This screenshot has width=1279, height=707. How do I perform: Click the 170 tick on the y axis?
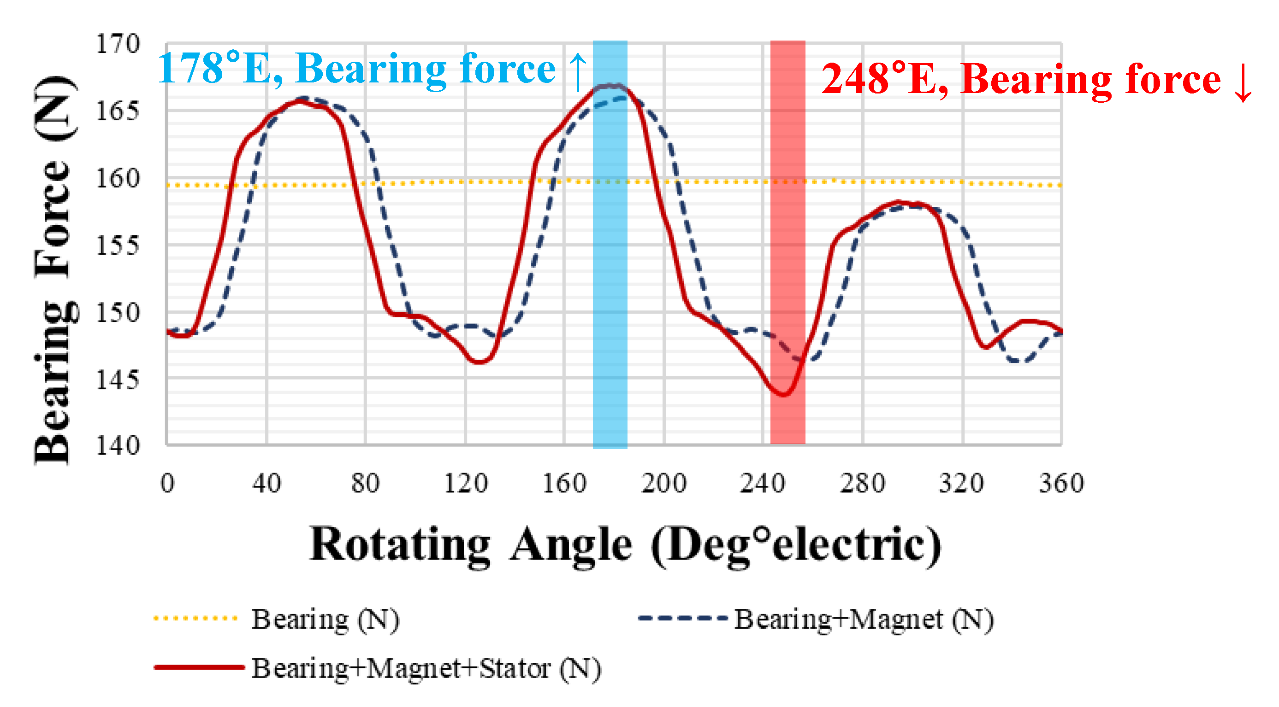pyautogui.click(x=118, y=44)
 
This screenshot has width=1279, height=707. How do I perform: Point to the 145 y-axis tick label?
pyautogui.click(x=118, y=380)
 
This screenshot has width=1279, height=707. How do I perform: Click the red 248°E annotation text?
pyautogui.click(x=1020, y=79)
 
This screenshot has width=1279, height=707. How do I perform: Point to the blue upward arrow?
pyautogui.click(x=577, y=72)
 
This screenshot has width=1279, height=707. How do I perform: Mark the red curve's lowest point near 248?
pyautogui.click(x=783, y=395)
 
